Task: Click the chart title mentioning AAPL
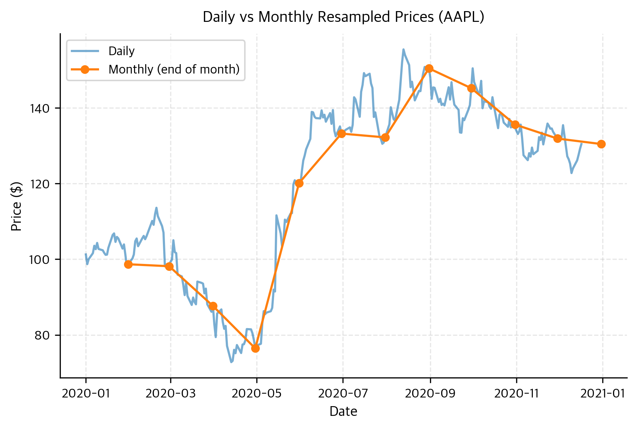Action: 343,17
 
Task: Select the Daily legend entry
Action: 121,51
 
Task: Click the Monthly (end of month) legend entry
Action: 174,69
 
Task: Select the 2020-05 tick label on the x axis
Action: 256,394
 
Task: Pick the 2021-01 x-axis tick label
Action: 603,394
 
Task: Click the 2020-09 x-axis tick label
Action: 430,394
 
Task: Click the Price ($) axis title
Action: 16,206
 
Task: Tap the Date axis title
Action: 343,412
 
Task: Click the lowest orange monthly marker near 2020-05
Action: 255,348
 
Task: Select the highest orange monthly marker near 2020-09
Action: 429,68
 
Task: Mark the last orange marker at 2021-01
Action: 601,144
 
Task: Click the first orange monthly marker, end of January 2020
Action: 128,264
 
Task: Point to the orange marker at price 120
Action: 299,183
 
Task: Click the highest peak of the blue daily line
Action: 403,49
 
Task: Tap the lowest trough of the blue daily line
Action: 231,362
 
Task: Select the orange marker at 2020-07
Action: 341,134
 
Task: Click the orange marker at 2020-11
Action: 515,125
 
